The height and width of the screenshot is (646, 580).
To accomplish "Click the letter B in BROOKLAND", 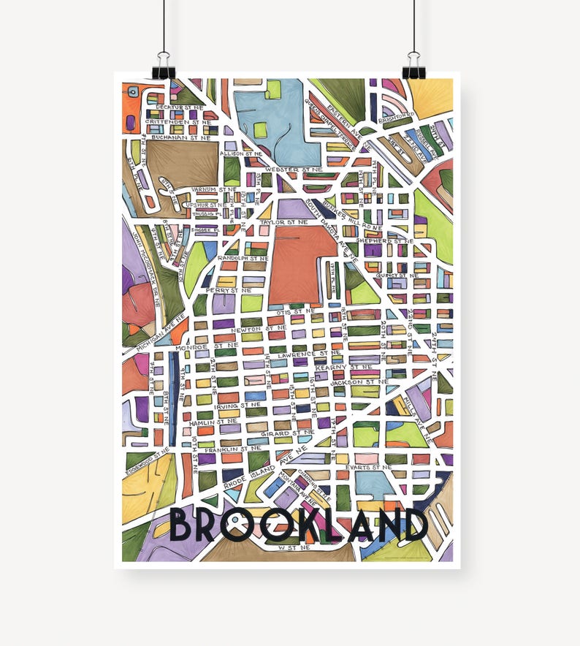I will click(x=183, y=525).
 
